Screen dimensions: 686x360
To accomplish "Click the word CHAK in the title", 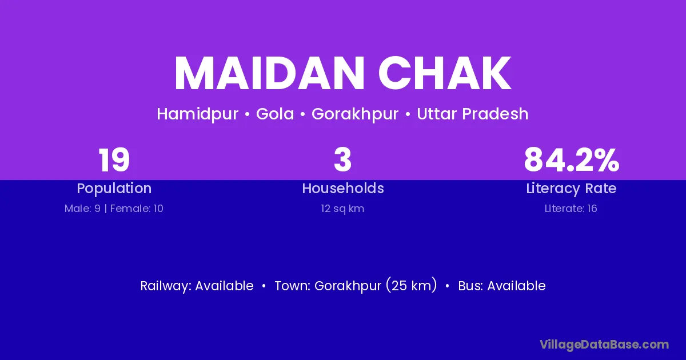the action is [x=445, y=73].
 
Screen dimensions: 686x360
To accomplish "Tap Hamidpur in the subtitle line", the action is [x=198, y=114].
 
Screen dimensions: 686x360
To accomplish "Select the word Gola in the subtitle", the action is [x=275, y=114].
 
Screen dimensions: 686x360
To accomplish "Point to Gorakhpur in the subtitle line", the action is [x=355, y=114].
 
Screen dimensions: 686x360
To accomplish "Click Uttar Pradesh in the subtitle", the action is [x=473, y=114].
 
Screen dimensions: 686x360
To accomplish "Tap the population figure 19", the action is [x=114, y=160].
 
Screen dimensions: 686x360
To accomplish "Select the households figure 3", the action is [x=342, y=160].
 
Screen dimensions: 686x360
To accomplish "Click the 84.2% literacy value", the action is [x=572, y=160].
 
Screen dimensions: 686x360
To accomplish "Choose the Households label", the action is [x=343, y=188].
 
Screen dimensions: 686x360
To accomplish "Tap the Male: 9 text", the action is [x=82, y=209].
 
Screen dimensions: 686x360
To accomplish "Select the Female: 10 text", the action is [x=137, y=209].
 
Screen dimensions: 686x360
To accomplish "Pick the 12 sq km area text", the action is [x=342, y=209].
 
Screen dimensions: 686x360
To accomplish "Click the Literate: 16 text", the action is [x=571, y=209].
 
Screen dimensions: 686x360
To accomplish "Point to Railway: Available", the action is [x=197, y=286].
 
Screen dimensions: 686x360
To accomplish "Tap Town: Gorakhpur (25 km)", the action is [x=356, y=286].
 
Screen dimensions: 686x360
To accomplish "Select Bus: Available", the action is [x=502, y=286].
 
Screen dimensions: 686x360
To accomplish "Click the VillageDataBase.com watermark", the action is [x=604, y=345].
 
